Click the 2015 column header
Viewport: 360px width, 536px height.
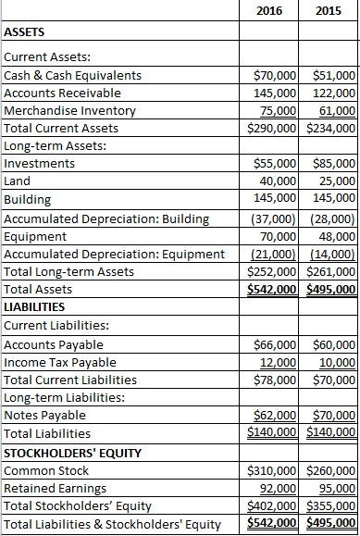329,11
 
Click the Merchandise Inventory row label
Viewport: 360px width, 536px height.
63,110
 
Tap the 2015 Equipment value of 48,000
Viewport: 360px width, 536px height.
337,235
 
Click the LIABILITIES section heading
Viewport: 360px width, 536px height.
34,306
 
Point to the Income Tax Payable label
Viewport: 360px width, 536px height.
61,361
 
